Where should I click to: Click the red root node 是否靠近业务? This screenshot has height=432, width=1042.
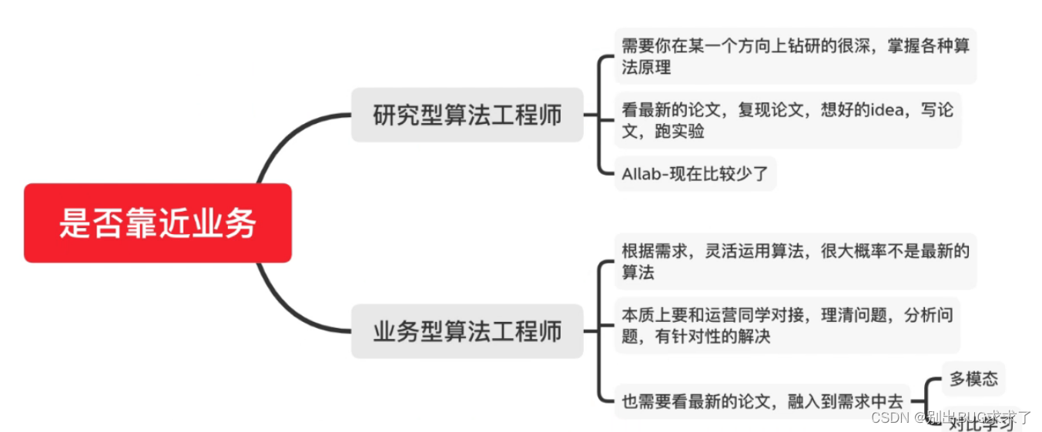pyautogui.click(x=158, y=223)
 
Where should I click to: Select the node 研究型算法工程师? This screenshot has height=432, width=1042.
pyautogui.click(x=467, y=116)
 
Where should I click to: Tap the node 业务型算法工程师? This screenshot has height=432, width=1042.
pyautogui.click(x=467, y=332)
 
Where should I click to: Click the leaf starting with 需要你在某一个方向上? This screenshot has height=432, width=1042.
pyautogui.click(x=795, y=56)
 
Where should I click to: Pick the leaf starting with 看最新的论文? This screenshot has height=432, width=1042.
pyautogui.click(x=787, y=120)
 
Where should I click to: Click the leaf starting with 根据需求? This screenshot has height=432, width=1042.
pyautogui.click(x=795, y=261)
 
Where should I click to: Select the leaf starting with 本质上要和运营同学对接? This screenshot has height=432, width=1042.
pyautogui.click(x=787, y=325)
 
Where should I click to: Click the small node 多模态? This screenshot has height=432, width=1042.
pyautogui.click(x=973, y=379)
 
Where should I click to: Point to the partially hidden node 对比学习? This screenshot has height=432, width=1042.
pyautogui.click(x=980, y=423)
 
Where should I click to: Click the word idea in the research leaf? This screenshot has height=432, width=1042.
pyautogui.click(x=891, y=110)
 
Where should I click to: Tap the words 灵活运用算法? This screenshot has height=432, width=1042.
pyautogui.click(x=751, y=251)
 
